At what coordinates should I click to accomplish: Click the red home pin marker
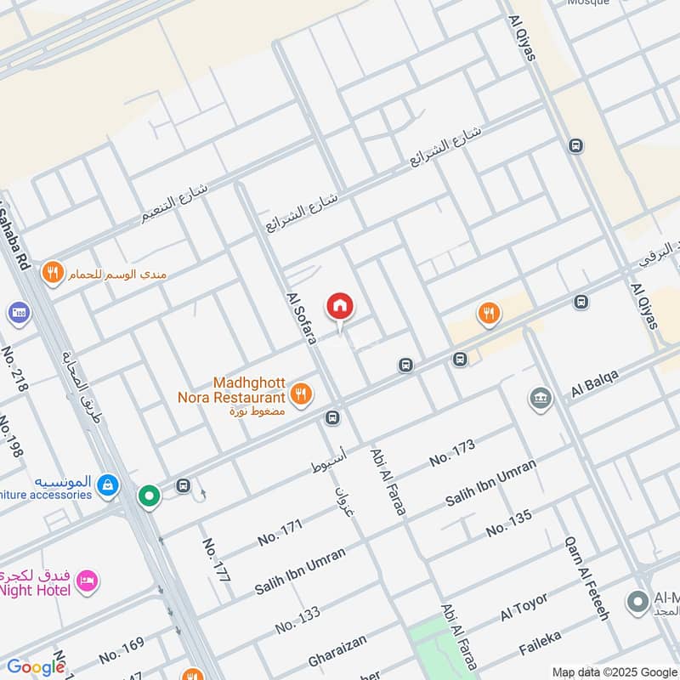pos(340,306)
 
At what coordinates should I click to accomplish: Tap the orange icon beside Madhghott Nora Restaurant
pos(300,394)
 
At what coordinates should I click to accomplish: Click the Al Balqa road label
pos(594,383)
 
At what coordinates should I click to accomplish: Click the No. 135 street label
pos(508,523)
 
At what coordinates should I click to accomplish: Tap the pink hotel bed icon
pos(88,582)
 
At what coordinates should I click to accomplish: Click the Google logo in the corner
pos(35,666)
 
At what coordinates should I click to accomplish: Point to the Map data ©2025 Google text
pos(614,671)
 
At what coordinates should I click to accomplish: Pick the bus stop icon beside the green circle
pos(183,485)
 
